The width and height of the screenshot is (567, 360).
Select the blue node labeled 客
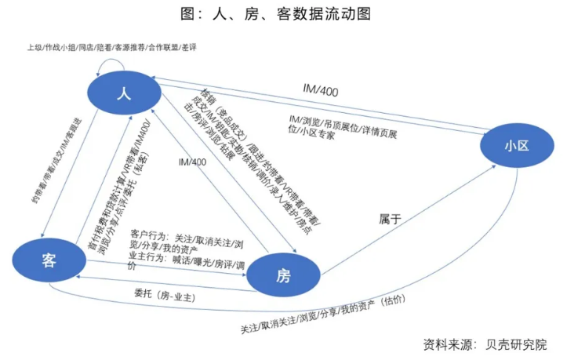51,260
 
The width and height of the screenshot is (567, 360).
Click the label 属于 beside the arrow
390,219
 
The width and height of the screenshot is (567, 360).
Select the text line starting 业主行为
182,260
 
